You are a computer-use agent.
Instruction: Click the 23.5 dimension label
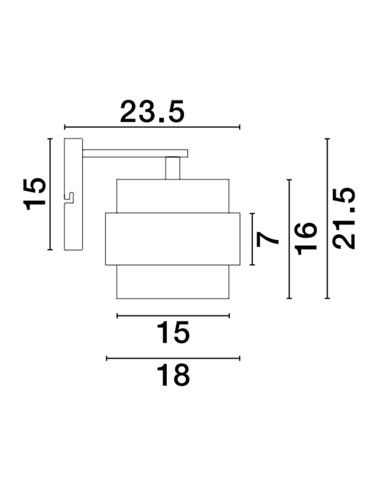click(152, 111)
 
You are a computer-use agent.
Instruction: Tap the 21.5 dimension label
click(344, 218)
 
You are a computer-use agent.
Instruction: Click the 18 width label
click(173, 375)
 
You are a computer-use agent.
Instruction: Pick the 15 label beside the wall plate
click(34, 193)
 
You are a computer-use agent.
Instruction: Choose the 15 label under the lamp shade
click(173, 332)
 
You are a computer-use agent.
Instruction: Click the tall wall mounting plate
click(74, 194)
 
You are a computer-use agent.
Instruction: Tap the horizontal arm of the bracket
click(135, 154)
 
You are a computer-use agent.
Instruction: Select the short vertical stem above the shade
click(173, 168)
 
